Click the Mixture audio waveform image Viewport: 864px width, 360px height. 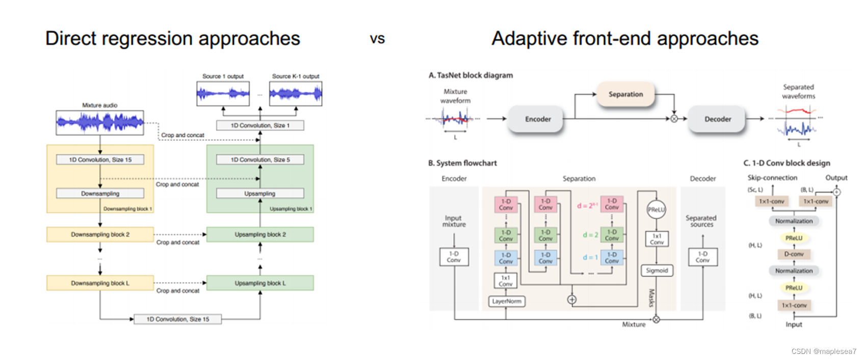click(100, 122)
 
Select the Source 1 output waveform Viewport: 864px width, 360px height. click(223, 94)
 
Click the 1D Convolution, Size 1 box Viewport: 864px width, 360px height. click(260, 125)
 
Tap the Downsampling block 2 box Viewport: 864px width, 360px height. click(100, 235)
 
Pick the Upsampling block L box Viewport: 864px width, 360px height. click(260, 283)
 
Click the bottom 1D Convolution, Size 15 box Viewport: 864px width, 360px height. click(177, 319)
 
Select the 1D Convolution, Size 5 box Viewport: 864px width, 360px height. click(260, 160)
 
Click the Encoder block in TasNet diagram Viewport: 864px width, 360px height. click(537, 119)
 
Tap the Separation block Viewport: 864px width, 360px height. click(625, 94)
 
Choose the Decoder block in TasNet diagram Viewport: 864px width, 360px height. click(717, 119)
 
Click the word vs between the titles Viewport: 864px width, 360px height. click(377, 39)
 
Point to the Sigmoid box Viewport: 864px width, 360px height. click(657, 271)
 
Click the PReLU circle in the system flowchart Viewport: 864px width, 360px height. click(657, 210)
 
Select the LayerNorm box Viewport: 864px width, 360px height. click(507, 301)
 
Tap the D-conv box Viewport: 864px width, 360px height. click(794, 254)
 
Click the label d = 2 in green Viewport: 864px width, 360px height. click(590, 235)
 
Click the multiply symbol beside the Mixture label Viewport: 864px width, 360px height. click(657, 320)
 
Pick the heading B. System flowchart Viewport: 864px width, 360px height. click(462, 163)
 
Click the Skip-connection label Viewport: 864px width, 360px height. click(772, 178)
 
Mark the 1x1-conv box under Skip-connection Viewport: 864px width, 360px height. click(771, 201)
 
